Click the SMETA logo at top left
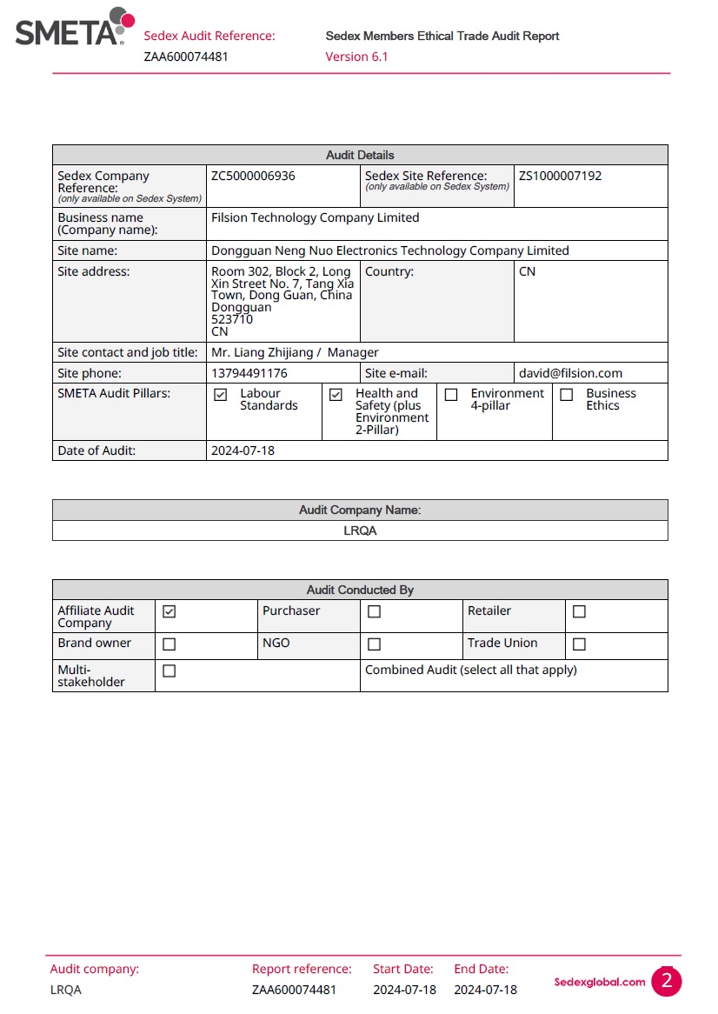(x=75, y=27)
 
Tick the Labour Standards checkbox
(x=221, y=395)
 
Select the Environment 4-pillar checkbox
(x=451, y=395)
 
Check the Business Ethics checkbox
(x=567, y=395)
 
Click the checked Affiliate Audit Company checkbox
(x=170, y=612)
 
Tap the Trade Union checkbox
(x=580, y=644)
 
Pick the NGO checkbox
(x=375, y=644)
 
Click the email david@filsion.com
(x=570, y=373)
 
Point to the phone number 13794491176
(x=249, y=373)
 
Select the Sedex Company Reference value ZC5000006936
(x=253, y=176)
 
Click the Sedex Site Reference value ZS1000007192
(x=560, y=176)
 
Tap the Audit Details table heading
(x=360, y=155)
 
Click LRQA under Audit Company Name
(x=360, y=530)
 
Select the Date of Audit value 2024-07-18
(x=243, y=450)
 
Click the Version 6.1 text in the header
(x=356, y=57)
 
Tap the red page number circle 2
(x=667, y=982)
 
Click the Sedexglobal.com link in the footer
(x=600, y=982)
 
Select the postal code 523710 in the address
(x=232, y=319)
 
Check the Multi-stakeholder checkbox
(x=170, y=671)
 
